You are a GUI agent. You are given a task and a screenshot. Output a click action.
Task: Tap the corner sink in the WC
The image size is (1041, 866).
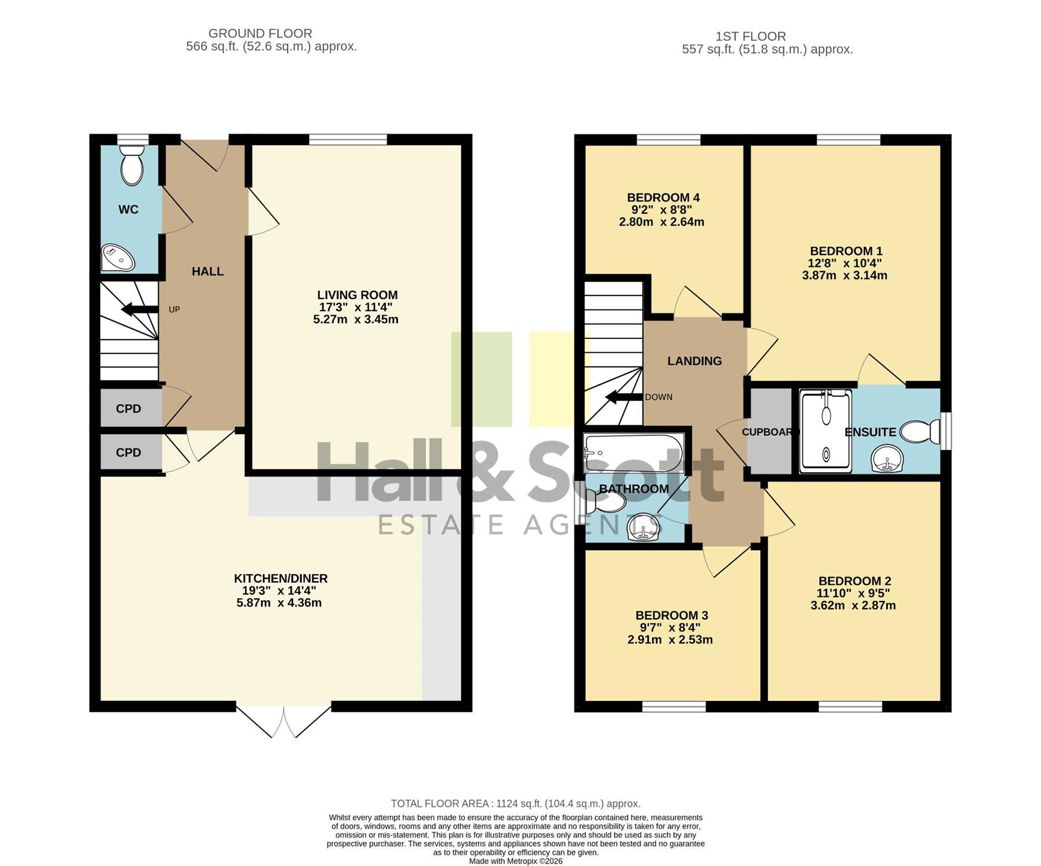pyautogui.click(x=118, y=258)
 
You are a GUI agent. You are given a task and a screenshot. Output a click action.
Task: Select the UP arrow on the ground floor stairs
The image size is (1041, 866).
pyautogui.click(x=139, y=309)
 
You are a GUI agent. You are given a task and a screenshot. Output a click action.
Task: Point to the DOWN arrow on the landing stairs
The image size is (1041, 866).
pyautogui.click(x=624, y=397)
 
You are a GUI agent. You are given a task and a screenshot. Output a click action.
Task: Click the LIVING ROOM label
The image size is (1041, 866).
pyautogui.click(x=357, y=295)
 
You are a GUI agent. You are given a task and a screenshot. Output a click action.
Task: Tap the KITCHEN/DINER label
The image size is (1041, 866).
pyautogui.click(x=281, y=578)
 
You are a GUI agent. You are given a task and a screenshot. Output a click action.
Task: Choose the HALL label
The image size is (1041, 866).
pyautogui.click(x=207, y=271)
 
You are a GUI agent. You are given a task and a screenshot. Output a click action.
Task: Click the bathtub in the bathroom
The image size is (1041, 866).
pyautogui.click(x=634, y=453)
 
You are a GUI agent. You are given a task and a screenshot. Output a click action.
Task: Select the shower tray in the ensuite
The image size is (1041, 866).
pyautogui.click(x=826, y=431)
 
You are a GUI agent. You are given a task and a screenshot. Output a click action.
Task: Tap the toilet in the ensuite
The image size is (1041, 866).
pyautogui.click(x=920, y=432)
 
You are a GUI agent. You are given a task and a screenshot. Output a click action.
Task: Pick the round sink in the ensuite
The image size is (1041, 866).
pyautogui.click(x=887, y=460)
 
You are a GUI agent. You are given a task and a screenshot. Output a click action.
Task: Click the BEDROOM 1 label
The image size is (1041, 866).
pyautogui.click(x=846, y=251)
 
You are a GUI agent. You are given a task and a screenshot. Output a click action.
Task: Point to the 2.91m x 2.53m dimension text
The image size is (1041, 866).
pyautogui.click(x=670, y=640)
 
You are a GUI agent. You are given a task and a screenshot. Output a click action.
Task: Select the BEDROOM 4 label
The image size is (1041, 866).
pyautogui.click(x=663, y=198)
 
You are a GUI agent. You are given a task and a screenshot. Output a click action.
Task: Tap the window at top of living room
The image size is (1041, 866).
pyautogui.click(x=348, y=139)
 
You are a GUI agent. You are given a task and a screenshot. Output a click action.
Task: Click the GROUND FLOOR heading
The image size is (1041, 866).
pyautogui.click(x=260, y=33)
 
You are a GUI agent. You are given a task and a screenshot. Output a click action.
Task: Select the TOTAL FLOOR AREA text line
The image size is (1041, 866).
pyautogui.click(x=515, y=804)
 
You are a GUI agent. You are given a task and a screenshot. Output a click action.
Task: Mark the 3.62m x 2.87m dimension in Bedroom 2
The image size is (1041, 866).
pyautogui.click(x=853, y=606)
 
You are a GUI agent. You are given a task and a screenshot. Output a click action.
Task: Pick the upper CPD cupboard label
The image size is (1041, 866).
pyautogui.click(x=128, y=409)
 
